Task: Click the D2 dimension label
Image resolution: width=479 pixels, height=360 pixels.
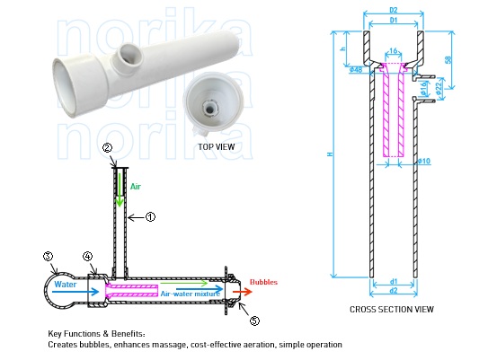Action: pyautogui.click(x=392, y=9)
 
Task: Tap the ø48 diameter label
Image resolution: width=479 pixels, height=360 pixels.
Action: pyautogui.click(x=357, y=70)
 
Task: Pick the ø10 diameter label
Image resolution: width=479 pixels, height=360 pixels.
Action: pyautogui.click(x=424, y=162)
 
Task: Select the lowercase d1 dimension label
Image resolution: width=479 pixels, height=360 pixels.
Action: pyautogui.click(x=393, y=282)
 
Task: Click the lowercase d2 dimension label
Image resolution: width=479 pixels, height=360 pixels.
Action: pyautogui.click(x=393, y=292)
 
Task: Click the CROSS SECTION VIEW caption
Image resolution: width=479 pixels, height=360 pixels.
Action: pyautogui.click(x=392, y=310)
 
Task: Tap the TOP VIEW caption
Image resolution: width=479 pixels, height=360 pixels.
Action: pyautogui.click(x=216, y=145)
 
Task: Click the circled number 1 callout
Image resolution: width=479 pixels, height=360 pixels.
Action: pyautogui.click(x=151, y=216)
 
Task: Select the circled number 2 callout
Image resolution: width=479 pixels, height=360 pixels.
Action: pyautogui.click(x=107, y=148)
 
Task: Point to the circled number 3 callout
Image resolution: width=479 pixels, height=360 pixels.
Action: pyautogui.click(x=49, y=256)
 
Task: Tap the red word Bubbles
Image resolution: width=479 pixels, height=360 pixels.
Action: pyautogui.click(x=263, y=281)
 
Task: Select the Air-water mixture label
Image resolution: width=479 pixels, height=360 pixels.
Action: pyautogui.click(x=188, y=293)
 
